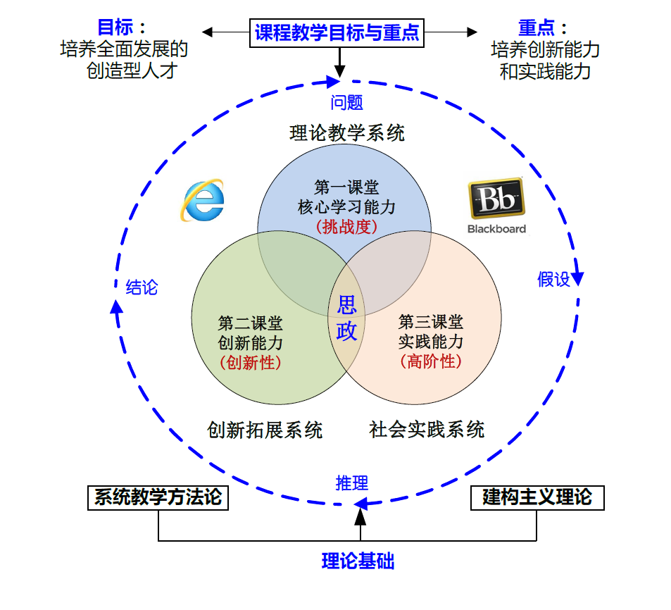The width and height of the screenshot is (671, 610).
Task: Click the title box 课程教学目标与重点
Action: point(337,32)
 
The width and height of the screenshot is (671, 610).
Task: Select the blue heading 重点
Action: point(537,27)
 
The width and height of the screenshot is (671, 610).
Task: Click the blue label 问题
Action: point(346,102)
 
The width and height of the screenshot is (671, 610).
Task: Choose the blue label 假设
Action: point(553,280)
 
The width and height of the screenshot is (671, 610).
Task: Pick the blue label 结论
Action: point(142,287)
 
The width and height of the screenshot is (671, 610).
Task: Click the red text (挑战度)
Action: point(346,227)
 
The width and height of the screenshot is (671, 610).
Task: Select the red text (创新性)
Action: point(251,363)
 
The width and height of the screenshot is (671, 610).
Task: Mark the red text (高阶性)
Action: point(431,362)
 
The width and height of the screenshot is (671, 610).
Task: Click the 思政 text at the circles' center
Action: point(347,318)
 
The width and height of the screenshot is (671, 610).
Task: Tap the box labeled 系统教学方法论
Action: point(158,497)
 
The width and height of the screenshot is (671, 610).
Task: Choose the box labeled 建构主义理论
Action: point(537,497)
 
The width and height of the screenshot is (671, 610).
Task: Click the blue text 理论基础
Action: point(358,561)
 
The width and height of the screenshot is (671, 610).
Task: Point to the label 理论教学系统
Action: point(347,133)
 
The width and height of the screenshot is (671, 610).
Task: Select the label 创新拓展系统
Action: point(265,430)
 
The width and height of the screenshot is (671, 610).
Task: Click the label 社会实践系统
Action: point(427,430)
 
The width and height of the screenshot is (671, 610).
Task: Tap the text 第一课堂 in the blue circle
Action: point(346,187)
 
